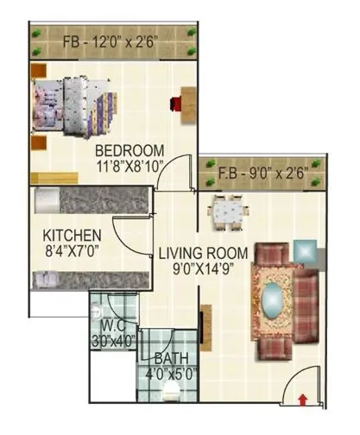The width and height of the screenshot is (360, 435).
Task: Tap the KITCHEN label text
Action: pos(73,235)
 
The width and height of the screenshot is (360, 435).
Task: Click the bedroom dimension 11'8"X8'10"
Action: pos(130,165)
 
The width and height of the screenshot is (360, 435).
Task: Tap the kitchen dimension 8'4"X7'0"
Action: pos(73,250)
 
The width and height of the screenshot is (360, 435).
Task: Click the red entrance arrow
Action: pos(303,398)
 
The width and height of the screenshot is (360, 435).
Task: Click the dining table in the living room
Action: pos(229,211)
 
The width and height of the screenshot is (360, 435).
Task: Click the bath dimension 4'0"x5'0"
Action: pos(167,374)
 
